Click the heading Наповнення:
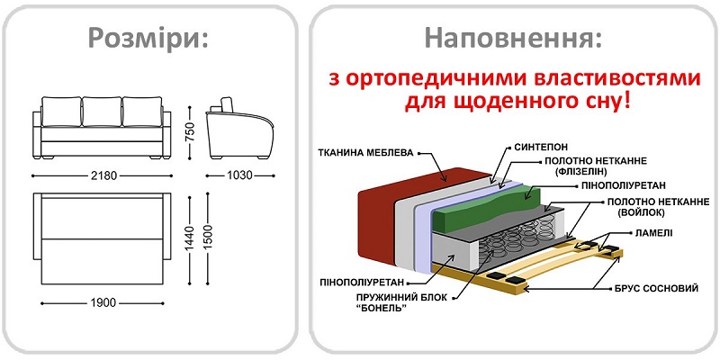pyautogui.click(x=513, y=39)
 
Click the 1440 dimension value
pyautogui.click(x=189, y=238)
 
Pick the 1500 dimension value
pyautogui.click(x=208, y=238)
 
